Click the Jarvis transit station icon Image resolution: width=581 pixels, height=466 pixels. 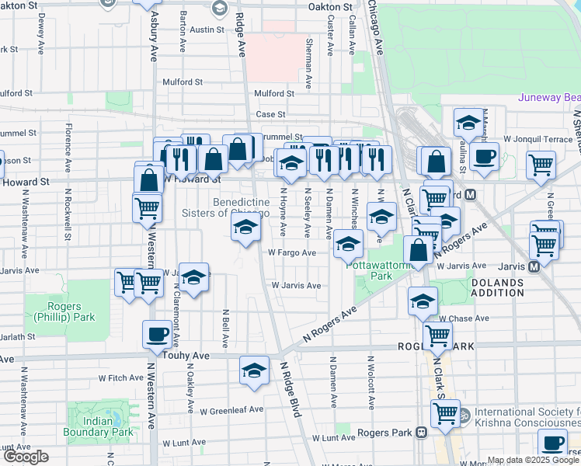534,266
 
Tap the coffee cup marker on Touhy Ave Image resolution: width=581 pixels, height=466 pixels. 158,335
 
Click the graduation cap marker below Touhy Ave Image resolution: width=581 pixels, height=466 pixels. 254,371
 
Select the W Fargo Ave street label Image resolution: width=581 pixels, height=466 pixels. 292,252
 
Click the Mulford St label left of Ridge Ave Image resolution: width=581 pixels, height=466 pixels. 182,81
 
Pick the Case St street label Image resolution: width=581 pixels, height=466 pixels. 271,114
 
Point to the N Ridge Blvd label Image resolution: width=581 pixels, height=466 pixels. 289,391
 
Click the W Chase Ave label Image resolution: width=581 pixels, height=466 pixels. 464,318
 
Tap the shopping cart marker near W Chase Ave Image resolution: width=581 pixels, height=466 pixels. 438,337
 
